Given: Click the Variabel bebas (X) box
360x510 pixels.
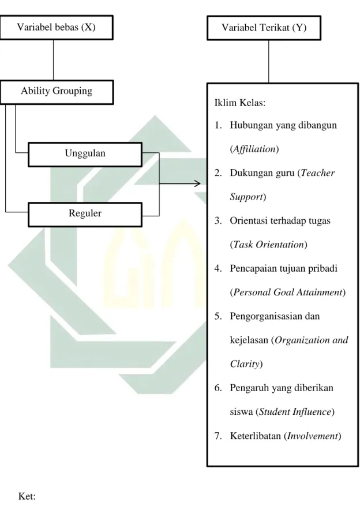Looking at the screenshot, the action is [57, 27].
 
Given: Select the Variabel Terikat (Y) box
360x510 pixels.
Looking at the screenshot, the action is [264, 28].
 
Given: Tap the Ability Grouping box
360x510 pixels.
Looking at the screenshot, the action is [57, 92].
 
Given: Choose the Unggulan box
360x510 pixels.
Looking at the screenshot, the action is [85, 155].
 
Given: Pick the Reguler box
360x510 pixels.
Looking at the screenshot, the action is [85, 215].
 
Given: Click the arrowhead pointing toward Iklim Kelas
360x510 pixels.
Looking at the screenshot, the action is [197, 183].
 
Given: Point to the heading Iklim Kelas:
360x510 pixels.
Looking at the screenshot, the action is [240, 103].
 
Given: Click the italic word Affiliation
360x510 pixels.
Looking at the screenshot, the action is [254, 149].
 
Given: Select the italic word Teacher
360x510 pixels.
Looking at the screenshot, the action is [317, 172].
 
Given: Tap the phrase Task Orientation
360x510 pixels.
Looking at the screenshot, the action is [269, 244].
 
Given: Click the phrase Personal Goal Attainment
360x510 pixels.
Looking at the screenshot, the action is [288, 292].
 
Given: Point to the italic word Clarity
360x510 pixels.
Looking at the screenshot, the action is [245, 363].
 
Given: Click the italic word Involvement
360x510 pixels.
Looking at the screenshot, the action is [313, 436].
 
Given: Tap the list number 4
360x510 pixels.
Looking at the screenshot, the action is [217, 268].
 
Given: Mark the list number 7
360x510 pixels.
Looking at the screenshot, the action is [217, 436].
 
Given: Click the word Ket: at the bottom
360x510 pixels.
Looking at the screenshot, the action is [27, 496].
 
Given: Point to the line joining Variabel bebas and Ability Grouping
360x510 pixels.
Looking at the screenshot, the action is [53, 60].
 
